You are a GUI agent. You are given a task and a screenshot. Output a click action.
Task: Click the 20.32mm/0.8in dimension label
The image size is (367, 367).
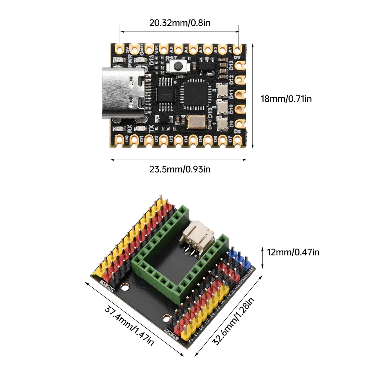tap(180, 23)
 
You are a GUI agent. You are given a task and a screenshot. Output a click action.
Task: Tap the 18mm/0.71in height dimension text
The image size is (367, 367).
tap(286, 98)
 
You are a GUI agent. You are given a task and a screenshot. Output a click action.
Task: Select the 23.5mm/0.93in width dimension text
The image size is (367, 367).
tap(180, 169)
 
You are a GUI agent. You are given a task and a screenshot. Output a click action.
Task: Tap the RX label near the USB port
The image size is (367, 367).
tap(129, 128)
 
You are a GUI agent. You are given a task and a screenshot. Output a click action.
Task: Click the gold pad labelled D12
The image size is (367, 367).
tap(240, 80)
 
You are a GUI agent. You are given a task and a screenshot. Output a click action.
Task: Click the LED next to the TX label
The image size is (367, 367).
tap(139, 128)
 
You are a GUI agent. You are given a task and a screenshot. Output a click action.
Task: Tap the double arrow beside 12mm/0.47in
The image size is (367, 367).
tap(263, 257)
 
